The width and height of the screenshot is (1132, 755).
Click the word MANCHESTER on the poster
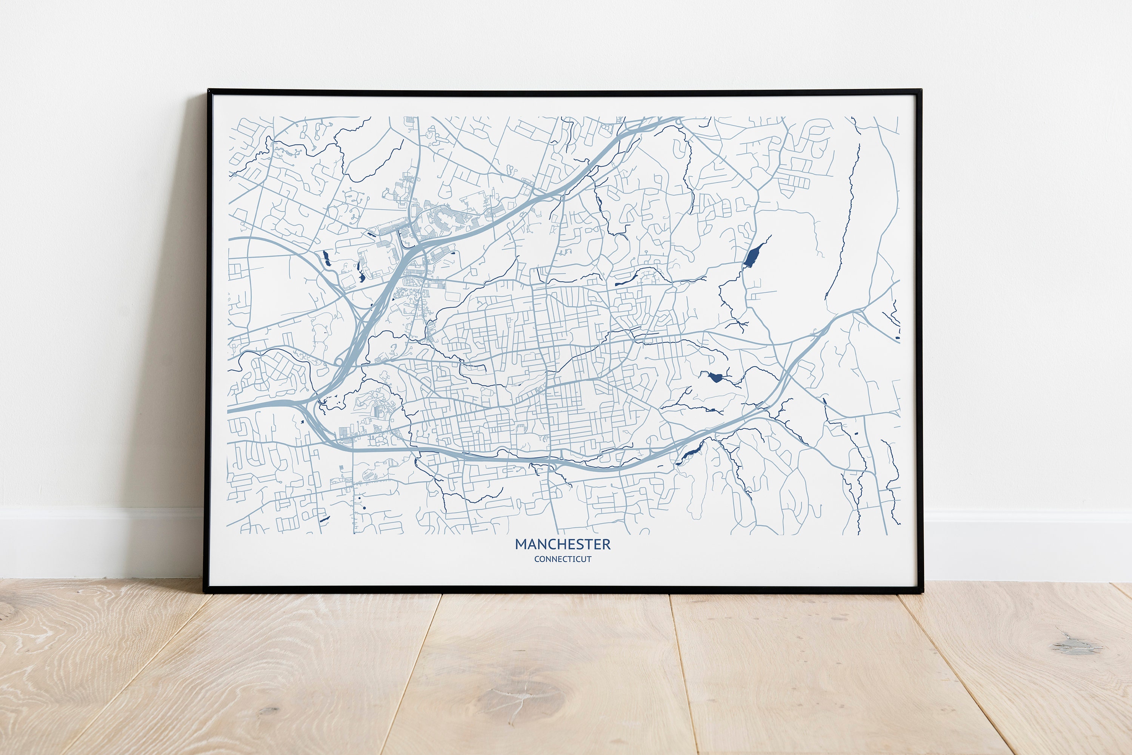[562, 545]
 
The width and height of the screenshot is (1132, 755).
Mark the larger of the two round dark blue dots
[364, 508]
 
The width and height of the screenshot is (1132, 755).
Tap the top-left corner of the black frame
[209, 91]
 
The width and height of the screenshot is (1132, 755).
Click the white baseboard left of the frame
[96, 542]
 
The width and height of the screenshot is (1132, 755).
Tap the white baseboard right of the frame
[1026, 544]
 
